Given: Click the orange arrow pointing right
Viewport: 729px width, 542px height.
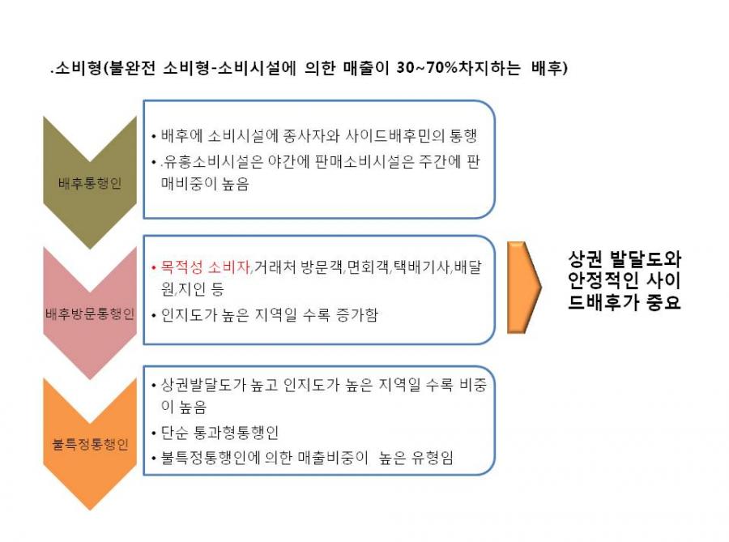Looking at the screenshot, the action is (x=524, y=288).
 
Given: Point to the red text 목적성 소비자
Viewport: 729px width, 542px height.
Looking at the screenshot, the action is (x=206, y=267).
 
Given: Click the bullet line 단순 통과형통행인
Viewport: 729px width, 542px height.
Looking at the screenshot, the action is (x=220, y=433).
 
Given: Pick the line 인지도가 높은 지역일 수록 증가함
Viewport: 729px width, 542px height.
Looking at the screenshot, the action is (x=269, y=314).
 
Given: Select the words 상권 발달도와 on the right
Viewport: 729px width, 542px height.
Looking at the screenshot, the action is (x=625, y=258).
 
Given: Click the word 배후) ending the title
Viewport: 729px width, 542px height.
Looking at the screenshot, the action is (x=549, y=68).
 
